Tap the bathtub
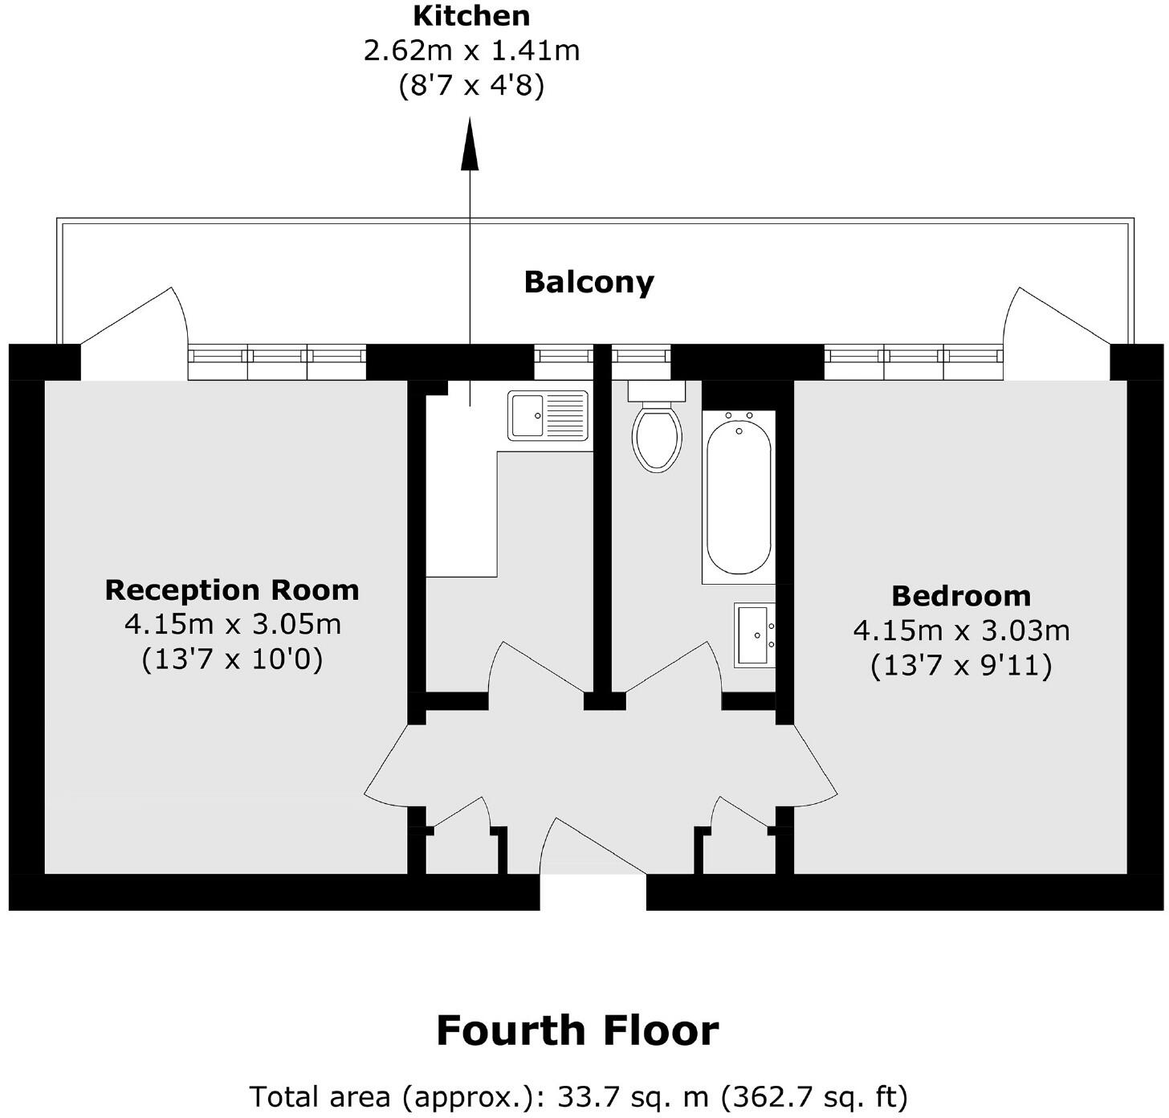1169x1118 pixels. [x=739, y=496]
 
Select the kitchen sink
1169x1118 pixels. [x=548, y=415]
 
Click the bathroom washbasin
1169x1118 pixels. [x=755, y=635]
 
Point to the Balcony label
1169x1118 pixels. [x=589, y=282]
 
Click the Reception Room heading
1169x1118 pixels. [x=232, y=590]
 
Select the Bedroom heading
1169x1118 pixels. [x=961, y=596]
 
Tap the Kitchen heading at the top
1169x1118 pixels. [x=471, y=15]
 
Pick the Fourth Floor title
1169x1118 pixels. [x=577, y=1030]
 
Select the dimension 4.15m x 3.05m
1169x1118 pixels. [x=232, y=624]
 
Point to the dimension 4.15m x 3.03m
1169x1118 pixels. [x=961, y=630]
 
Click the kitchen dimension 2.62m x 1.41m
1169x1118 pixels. [x=471, y=51]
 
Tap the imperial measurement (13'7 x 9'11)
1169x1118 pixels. [x=961, y=666]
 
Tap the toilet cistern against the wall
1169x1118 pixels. [x=657, y=391]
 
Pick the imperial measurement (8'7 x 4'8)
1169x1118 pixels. [x=471, y=85]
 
